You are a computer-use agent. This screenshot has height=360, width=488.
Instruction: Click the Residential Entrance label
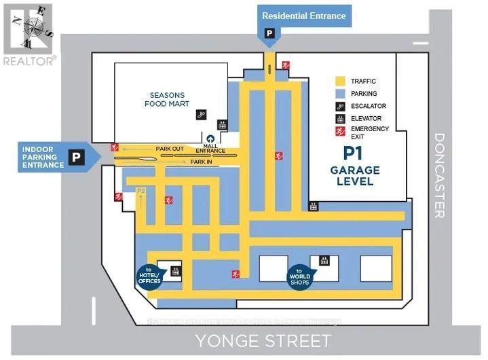[x=304, y=16]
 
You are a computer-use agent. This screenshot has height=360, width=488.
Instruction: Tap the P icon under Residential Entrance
[x=269, y=32]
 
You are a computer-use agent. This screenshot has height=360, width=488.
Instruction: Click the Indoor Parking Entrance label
[x=43, y=157]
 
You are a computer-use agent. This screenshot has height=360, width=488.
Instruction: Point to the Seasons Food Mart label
[x=166, y=99]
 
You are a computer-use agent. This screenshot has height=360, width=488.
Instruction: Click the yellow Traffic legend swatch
[x=339, y=81]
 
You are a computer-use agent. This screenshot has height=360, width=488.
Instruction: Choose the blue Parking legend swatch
[x=339, y=93]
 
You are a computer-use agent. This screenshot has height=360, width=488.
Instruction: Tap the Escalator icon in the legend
[x=339, y=106]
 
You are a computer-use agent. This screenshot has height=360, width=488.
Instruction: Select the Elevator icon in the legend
[x=339, y=118]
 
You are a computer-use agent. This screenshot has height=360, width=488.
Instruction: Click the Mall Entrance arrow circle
[x=210, y=139]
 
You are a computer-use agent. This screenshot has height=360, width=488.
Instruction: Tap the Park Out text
[x=169, y=148]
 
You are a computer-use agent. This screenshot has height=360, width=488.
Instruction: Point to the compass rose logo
[x=28, y=29]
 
